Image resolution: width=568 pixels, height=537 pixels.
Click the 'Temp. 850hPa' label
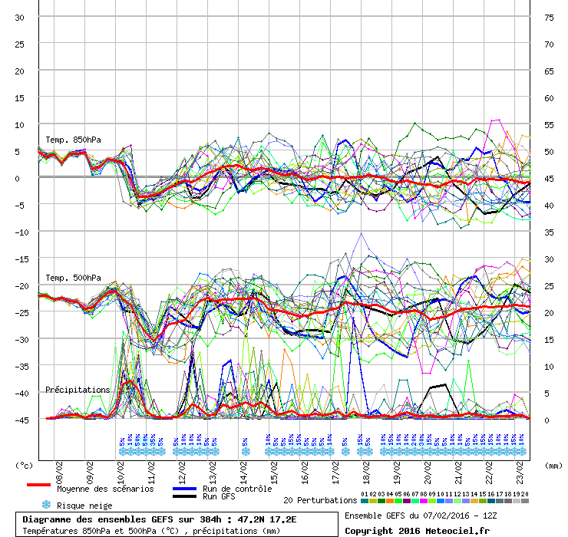click(x=73, y=140)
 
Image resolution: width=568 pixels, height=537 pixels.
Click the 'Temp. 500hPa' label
click(x=73, y=278)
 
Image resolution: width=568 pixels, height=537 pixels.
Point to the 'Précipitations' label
click(x=78, y=390)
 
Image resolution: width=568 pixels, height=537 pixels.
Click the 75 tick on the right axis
click(x=549, y=17)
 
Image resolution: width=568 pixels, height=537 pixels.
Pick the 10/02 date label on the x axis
click(x=121, y=467)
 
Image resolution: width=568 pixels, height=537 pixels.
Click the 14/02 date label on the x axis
click(x=243, y=467)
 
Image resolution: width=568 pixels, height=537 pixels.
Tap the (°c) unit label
click(x=25, y=465)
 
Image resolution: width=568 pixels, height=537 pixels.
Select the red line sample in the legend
click(x=38, y=486)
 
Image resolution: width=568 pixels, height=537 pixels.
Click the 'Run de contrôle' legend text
click(x=237, y=489)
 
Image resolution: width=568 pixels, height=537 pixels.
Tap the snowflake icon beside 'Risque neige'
click(x=45, y=505)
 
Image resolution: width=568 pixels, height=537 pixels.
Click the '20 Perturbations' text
click(x=320, y=500)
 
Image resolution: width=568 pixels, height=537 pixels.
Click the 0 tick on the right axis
click(x=547, y=420)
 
